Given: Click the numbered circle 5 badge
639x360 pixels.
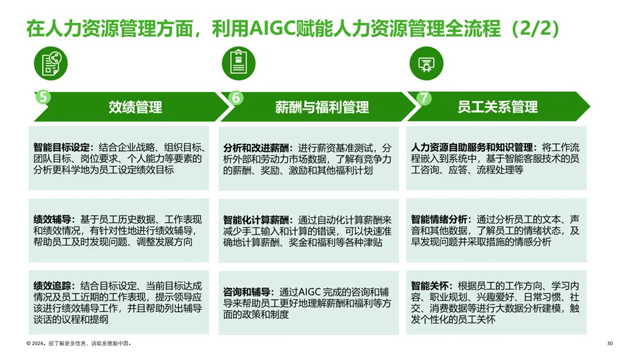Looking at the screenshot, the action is (x=43, y=97).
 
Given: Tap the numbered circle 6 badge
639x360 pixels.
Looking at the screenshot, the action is (x=236, y=97).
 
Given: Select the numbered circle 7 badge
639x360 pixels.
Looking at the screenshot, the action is (x=424, y=98).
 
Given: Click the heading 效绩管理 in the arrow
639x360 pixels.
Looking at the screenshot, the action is (x=135, y=107).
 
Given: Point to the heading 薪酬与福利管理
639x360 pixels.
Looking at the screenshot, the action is (x=322, y=107).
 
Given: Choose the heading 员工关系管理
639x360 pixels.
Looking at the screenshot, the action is (x=498, y=107).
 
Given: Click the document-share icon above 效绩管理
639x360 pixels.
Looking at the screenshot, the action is (x=50, y=63).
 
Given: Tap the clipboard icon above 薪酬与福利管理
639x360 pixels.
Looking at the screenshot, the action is (x=238, y=63).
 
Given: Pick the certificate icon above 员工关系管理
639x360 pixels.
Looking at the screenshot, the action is (x=426, y=63).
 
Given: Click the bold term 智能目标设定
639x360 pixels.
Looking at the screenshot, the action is (x=61, y=147).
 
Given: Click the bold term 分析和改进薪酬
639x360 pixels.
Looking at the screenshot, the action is (x=256, y=148).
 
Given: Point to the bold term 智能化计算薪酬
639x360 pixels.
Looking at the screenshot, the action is (x=256, y=220).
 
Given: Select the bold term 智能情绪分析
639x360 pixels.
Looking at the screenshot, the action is (x=438, y=219).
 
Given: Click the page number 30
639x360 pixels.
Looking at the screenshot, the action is (x=610, y=343).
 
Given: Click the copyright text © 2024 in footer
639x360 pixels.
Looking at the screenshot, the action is (x=35, y=343).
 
